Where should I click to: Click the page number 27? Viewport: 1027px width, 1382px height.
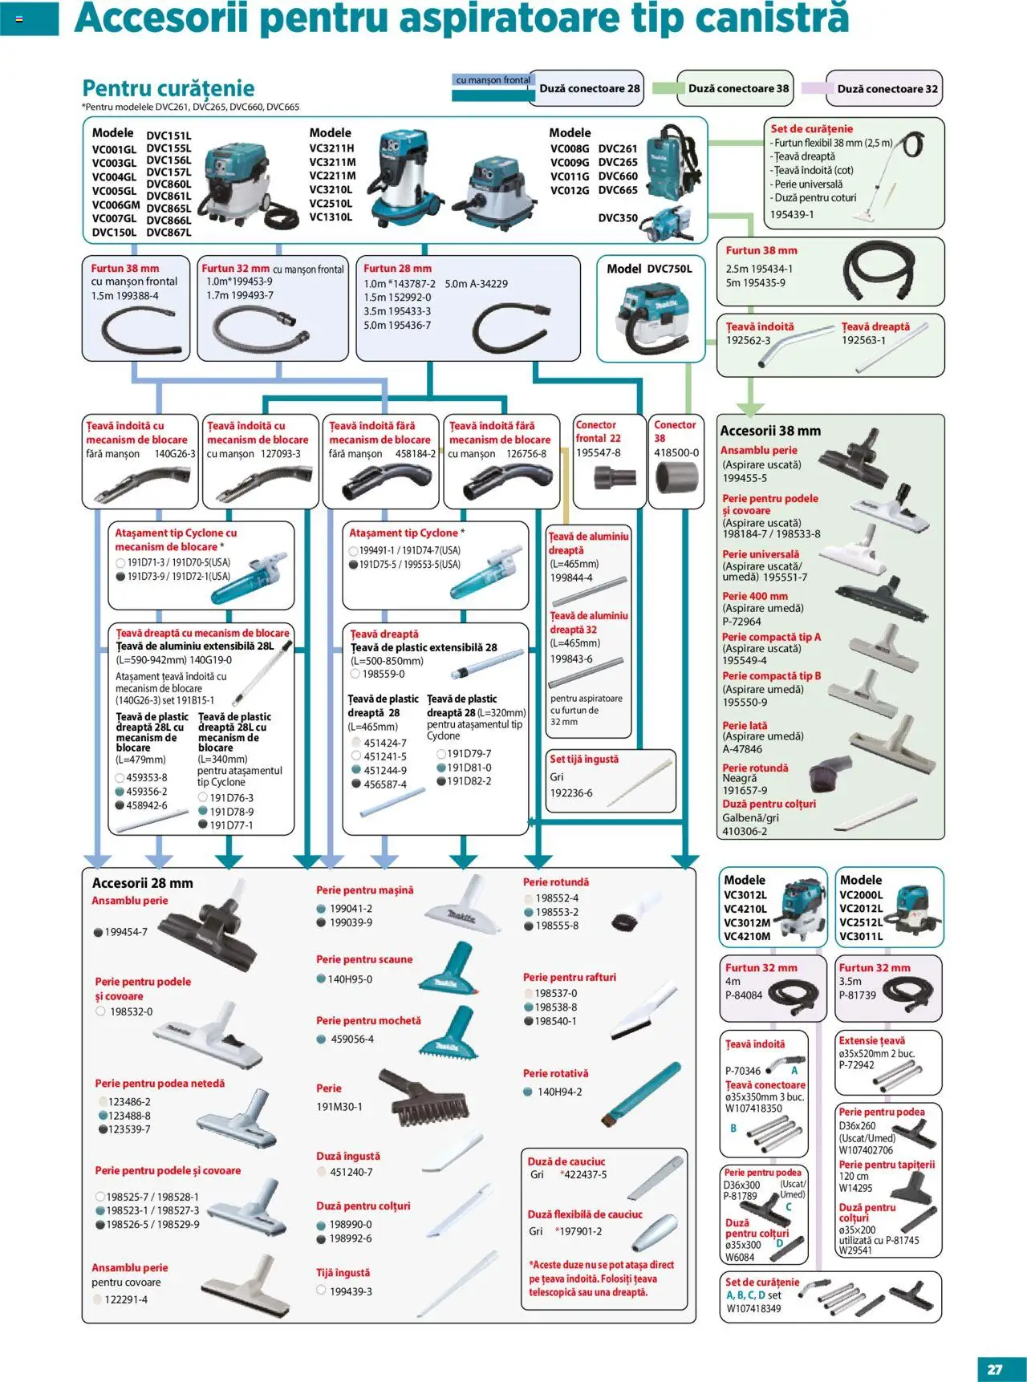click(x=995, y=1369)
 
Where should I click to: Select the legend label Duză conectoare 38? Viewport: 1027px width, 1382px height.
click(x=738, y=89)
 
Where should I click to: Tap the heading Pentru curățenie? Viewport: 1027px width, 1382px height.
click(x=168, y=88)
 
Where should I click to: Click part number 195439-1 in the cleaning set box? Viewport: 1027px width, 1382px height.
click(x=792, y=214)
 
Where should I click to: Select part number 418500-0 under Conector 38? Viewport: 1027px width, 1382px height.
click(x=676, y=452)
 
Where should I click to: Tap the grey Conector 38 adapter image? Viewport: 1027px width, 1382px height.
click(x=676, y=480)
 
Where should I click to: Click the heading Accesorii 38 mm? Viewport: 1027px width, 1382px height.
click(x=770, y=431)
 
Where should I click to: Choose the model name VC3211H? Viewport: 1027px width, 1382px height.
click(x=331, y=148)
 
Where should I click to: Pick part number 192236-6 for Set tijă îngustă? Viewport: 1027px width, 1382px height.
click(x=571, y=792)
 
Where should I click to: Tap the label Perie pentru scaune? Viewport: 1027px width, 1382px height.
click(x=364, y=959)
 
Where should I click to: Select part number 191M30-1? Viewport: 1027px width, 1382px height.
click(x=339, y=1106)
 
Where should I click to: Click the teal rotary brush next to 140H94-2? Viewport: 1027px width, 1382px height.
click(x=641, y=1094)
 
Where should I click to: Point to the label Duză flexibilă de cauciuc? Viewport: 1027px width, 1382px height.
click(x=585, y=1214)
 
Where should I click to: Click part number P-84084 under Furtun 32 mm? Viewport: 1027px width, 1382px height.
click(x=744, y=995)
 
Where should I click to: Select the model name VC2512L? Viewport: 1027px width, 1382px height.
click(x=861, y=922)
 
